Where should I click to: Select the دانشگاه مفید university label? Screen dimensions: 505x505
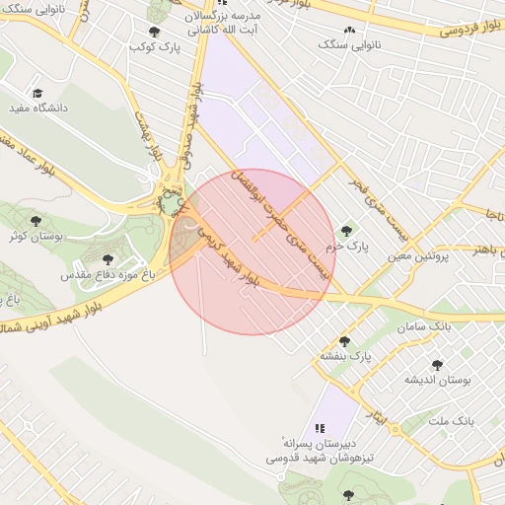pyautogui.click(x=35, y=108)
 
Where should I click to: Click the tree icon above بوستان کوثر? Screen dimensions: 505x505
pyautogui.click(x=36, y=222)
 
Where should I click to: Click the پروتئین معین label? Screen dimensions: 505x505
pyautogui.click(x=418, y=254)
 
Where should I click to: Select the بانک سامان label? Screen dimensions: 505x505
pyautogui.click(x=427, y=325)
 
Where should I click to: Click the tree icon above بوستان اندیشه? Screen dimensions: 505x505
pyautogui.click(x=437, y=364)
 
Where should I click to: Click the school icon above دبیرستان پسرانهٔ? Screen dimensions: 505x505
pyautogui.click(x=319, y=429)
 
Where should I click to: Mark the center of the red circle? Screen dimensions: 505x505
pyautogui.click(x=252, y=252)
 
